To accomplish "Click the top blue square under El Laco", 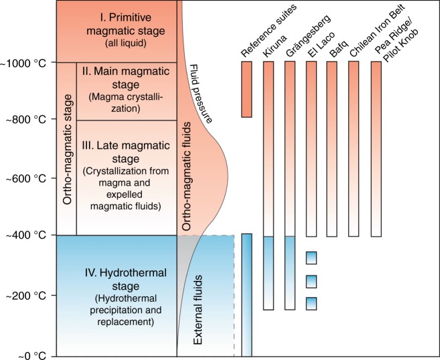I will (x=311, y=258).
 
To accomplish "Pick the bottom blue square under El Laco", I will (x=311, y=304).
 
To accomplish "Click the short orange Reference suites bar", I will (x=246, y=89).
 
